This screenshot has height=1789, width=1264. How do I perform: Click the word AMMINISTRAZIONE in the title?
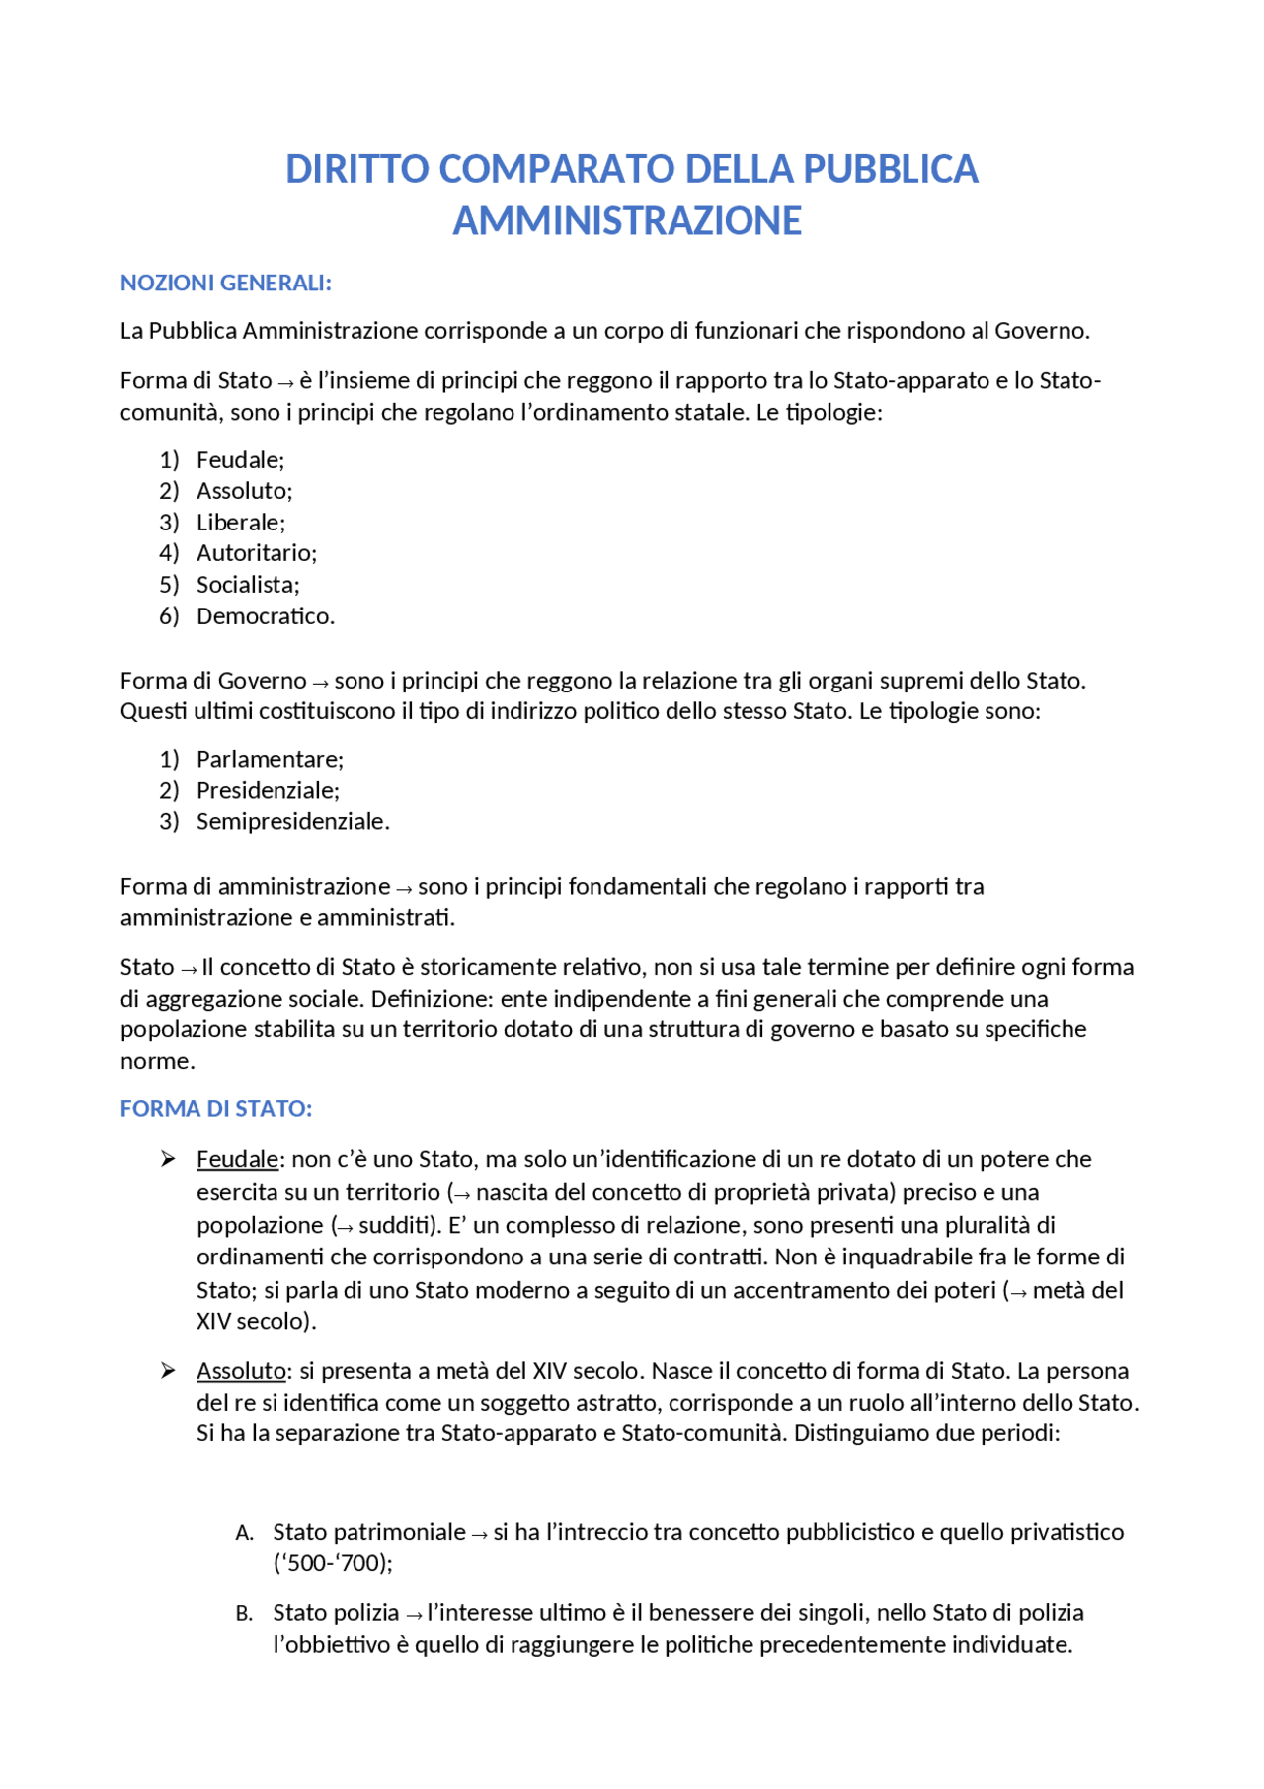627,220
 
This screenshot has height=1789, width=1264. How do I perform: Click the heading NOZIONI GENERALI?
225,283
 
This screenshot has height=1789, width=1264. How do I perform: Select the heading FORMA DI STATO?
215,1108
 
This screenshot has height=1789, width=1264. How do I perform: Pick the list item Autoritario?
256,552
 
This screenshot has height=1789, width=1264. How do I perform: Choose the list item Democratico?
265,615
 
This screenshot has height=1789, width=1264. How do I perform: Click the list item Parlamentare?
270,759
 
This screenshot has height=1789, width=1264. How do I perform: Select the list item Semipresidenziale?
292,821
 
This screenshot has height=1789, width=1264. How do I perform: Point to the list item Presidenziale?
268,790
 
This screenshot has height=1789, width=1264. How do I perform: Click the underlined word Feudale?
237,1159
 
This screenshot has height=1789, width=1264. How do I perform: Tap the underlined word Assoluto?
241,1370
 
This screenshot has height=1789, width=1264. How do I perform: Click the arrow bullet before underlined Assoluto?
168,1370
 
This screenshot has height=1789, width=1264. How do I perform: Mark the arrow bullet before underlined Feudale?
168,1159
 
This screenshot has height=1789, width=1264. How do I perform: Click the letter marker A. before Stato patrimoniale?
244,1533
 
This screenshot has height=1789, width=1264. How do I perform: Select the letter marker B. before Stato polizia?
244,1614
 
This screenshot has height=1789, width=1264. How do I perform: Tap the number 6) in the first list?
169,615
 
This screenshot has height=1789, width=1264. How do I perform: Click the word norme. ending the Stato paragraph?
158,1061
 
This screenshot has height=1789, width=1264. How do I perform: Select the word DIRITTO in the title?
356,169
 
